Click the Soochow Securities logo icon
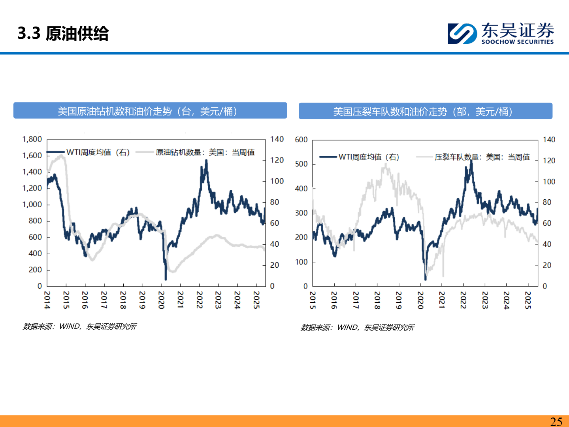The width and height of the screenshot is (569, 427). pyautogui.click(x=462, y=33)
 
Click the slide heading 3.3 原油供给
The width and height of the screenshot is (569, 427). pyautogui.click(x=63, y=33)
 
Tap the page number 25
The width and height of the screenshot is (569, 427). pyautogui.click(x=556, y=421)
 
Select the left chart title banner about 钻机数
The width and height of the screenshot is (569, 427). pyautogui.click(x=150, y=111)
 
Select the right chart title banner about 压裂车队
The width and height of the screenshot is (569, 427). pyautogui.click(x=425, y=111)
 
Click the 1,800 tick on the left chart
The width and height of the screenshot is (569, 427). pyautogui.click(x=32, y=139)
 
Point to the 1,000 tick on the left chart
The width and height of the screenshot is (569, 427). pyautogui.click(x=32, y=204)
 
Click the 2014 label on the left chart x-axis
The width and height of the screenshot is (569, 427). pyautogui.click(x=47, y=300)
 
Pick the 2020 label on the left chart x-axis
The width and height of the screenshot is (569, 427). pyautogui.click(x=161, y=300)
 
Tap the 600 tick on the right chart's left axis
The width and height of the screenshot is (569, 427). pyautogui.click(x=301, y=140)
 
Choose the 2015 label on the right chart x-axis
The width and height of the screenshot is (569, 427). pyautogui.click(x=313, y=300)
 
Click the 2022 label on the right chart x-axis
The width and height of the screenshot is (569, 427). pyautogui.click(x=463, y=300)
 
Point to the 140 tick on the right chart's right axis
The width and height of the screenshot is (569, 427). pyautogui.click(x=549, y=140)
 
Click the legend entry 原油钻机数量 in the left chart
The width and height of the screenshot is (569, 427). pyautogui.click(x=205, y=152)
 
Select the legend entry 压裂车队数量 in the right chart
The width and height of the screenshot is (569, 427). pyautogui.click(x=482, y=157)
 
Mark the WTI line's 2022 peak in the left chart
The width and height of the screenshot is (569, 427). pyautogui.click(x=206, y=161)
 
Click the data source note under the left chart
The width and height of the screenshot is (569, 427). pyautogui.click(x=80, y=327)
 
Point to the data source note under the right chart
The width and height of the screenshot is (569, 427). pyautogui.click(x=358, y=327)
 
